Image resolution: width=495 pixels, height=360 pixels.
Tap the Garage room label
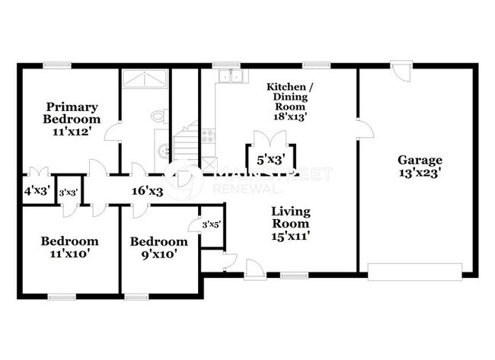tap(420, 166)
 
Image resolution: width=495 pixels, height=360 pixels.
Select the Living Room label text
tap(291, 224)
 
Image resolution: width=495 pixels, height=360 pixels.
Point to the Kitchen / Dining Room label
tap(286, 100)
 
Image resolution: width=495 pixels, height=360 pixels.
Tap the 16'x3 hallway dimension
tap(148, 192)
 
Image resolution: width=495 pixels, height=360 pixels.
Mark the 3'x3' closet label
tap(69, 193)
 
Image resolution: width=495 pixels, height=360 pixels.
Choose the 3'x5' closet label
tap(211, 224)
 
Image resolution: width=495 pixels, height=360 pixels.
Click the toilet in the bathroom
tap(158, 116)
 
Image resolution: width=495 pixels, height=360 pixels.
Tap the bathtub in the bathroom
tap(145, 78)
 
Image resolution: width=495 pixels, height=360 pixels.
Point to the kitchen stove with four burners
tap(209, 137)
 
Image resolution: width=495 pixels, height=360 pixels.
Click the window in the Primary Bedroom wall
tap(53, 65)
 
